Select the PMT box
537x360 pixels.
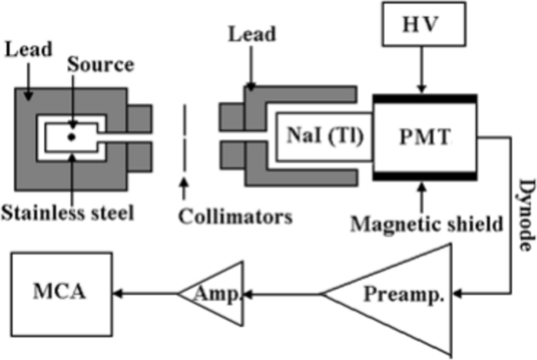pyautogui.click(x=424, y=136)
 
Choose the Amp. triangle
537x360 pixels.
pyautogui.click(x=212, y=294)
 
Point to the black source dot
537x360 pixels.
pyautogui.click(x=71, y=136)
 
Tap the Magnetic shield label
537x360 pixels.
pyautogui.click(x=426, y=224)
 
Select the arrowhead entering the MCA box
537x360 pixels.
pyautogui.click(x=118, y=294)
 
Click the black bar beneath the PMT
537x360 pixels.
pyautogui.click(x=423, y=176)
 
